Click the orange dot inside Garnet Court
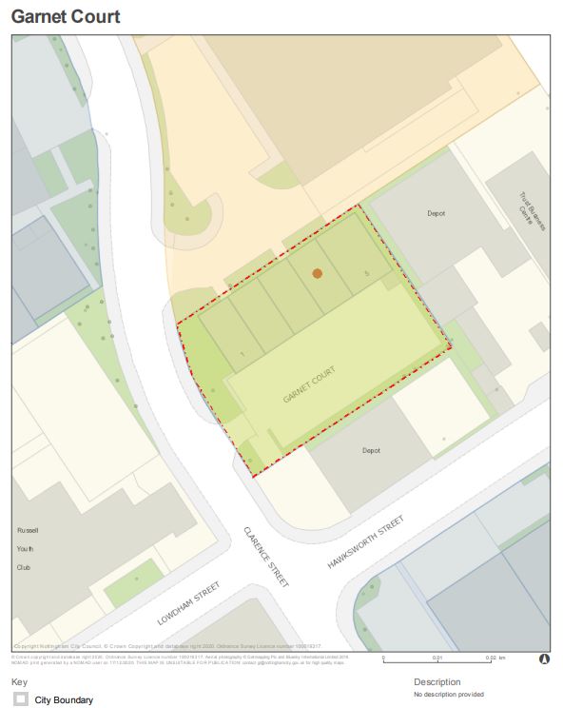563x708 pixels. pos(318,273)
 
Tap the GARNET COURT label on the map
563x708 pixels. pos(310,384)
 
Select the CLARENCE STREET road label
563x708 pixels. pos(265,557)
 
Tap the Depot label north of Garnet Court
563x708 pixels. pos(437,214)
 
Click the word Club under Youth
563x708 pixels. pos(27,567)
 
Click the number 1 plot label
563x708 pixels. pos(244,354)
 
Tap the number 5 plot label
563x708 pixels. pos(366,273)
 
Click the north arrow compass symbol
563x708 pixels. pos(544,658)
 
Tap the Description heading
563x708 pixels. pos(437,682)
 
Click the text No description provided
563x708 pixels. pos(449,695)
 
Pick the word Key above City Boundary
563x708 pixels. pos(19,682)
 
